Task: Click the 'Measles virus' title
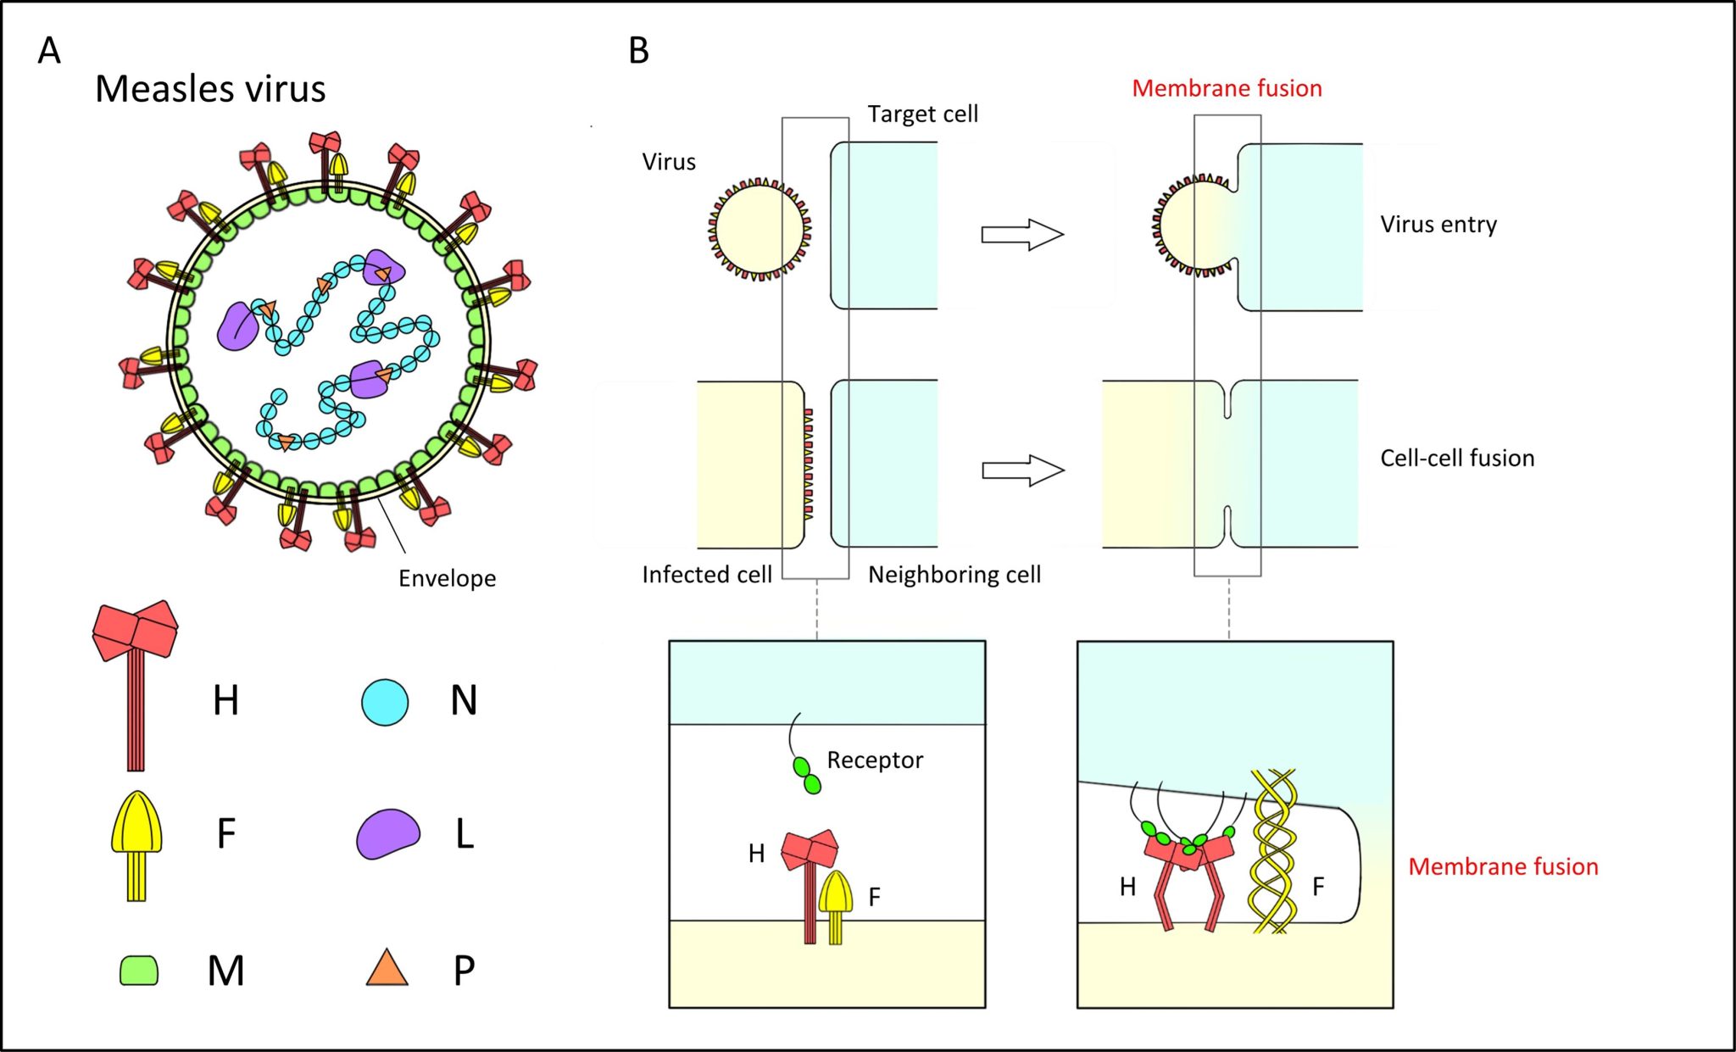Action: [210, 88]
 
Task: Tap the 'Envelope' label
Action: [447, 578]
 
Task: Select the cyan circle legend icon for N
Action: [385, 702]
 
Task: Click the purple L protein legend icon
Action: [387, 834]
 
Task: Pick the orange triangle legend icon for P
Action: [387, 968]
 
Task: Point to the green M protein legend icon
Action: [139, 971]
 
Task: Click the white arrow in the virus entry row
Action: [1022, 234]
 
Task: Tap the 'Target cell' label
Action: [922, 114]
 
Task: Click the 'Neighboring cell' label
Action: [954, 575]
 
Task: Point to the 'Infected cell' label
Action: [706, 575]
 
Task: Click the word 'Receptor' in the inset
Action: [874, 760]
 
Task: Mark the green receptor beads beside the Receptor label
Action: [807, 776]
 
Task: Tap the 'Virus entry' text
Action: [1438, 225]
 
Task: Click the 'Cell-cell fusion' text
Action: [1456, 459]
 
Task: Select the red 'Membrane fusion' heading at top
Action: [1227, 88]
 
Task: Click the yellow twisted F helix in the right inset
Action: [1274, 852]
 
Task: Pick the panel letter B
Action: [638, 51]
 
